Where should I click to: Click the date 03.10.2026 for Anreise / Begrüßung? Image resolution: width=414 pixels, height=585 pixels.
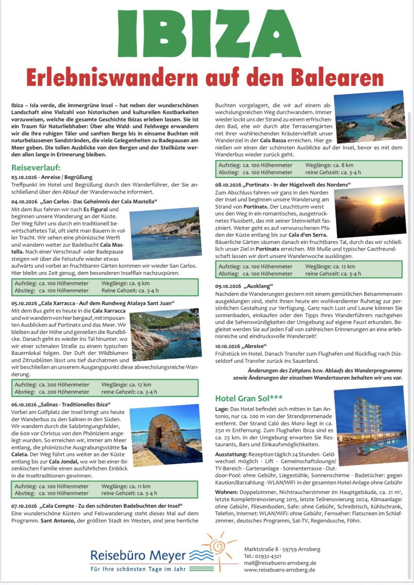click(x=24, y=177)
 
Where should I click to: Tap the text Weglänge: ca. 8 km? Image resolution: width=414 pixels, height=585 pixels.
click(x=326, y=165)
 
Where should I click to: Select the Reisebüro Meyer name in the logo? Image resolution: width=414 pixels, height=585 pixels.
click(x=138, y=555)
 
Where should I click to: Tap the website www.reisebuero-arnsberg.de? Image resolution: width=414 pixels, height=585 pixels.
click(x=280, y=569)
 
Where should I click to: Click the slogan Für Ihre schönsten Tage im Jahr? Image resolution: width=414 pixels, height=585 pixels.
click(x=138, y=568)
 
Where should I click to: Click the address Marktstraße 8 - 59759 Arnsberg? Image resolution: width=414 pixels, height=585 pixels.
click(x=282, y=549)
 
